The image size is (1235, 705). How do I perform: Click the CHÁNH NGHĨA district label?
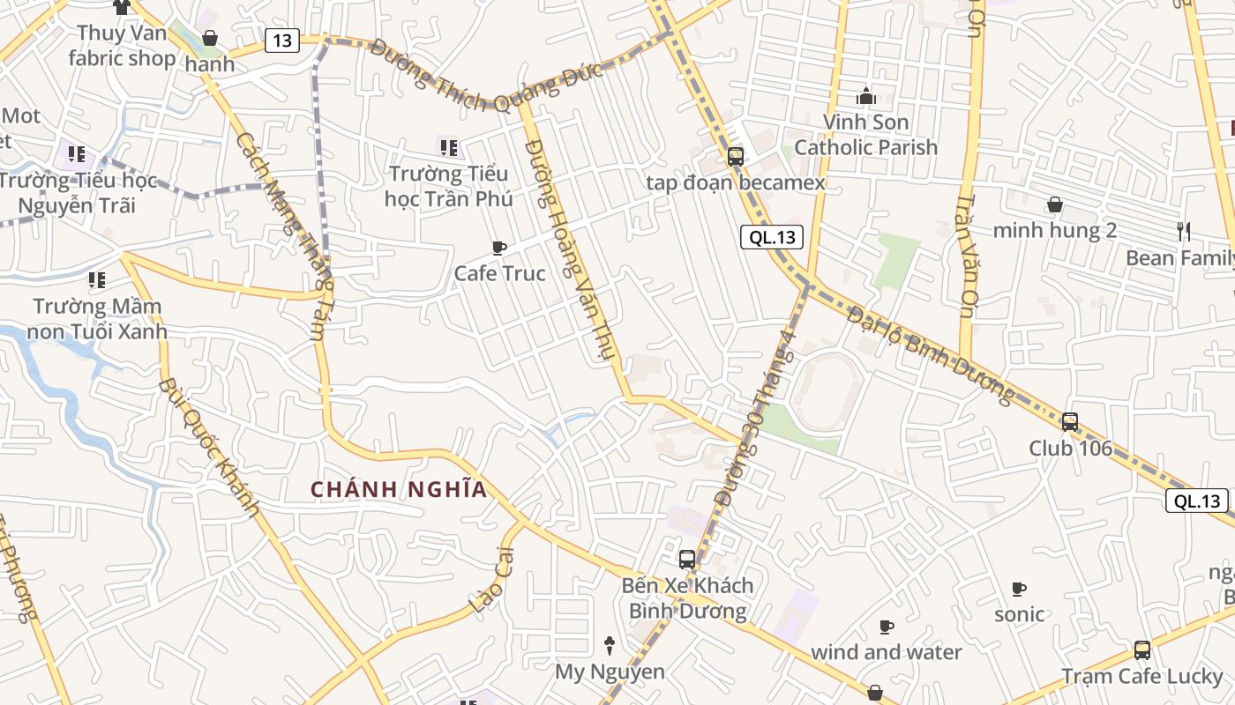coord(399,489)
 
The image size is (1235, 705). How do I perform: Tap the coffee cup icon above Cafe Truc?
coord(499,248)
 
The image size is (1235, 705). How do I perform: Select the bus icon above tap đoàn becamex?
coord(735,157)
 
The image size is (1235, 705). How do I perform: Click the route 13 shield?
coord(281,40)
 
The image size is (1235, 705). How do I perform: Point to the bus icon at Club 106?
coord(1070,422)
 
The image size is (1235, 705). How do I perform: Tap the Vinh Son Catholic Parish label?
coord(865,134)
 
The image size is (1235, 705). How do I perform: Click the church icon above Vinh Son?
coord(865,96)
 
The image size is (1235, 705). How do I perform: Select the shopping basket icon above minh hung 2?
coord(1054,204)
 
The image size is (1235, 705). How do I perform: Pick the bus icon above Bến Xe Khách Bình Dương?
coord(687,559)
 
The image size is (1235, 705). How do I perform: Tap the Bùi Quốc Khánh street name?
coord(209,448)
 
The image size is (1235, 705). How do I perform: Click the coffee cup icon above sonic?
coord(1019,588)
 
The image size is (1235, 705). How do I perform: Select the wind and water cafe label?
coord(886,652)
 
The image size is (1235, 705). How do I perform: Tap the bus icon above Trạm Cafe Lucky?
coord(1142,650)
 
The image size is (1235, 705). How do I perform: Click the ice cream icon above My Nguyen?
coord(609,645)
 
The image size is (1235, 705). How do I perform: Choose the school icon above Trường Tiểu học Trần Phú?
coord(448,148)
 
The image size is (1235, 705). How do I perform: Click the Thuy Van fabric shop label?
coord(122,46)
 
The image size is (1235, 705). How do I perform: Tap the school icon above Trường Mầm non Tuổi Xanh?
coord(96,280)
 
